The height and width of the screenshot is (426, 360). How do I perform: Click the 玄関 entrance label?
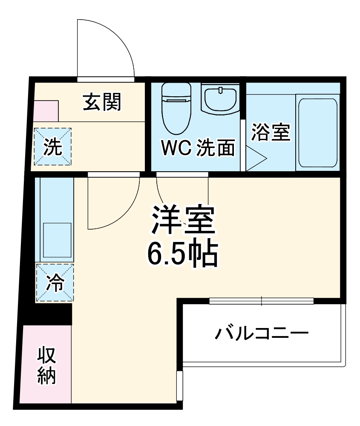[102, 102]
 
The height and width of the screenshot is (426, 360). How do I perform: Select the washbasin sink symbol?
[220, 98]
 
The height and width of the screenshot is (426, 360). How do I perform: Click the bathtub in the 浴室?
[317, 132]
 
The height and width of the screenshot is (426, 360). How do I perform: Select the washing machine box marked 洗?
[53, 147]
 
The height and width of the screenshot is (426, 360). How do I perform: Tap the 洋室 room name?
[182, 219]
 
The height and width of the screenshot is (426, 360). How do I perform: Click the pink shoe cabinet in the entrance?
[46, 111]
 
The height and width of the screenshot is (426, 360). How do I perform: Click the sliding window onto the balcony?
[262, 301]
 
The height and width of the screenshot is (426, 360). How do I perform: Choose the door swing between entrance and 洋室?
[113, 200]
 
